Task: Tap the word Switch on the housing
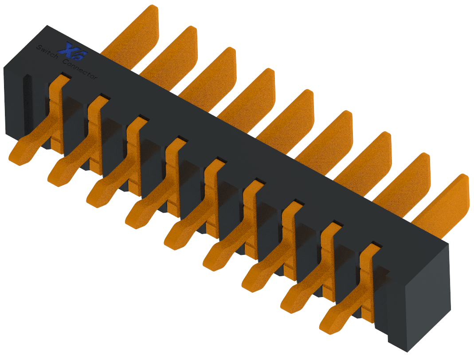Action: (x=46, y=52)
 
